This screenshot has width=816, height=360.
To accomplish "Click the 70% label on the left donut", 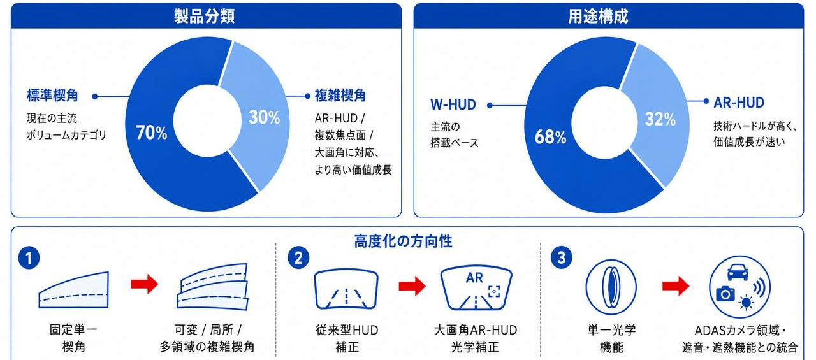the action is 152,133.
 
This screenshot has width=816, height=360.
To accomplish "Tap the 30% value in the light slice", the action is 265,117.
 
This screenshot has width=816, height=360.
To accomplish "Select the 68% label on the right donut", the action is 550,137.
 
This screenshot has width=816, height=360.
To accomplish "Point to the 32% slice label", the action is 660,119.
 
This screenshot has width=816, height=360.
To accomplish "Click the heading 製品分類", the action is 204,17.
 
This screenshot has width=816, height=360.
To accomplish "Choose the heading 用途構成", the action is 598,17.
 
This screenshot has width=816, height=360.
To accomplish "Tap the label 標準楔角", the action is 52,96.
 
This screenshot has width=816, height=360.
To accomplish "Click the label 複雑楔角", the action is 340,96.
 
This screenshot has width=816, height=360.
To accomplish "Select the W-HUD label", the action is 453,105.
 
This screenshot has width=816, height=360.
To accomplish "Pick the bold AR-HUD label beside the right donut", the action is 739,103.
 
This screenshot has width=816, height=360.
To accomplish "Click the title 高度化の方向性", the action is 404,241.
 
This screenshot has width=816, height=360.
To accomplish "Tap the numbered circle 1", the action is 29,259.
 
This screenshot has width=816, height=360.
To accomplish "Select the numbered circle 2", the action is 298,258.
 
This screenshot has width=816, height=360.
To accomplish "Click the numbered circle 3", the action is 562,257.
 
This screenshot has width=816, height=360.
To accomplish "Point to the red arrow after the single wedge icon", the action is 145,284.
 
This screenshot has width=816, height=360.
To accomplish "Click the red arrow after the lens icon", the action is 676,286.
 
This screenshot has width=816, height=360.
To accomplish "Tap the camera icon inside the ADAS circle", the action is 725,293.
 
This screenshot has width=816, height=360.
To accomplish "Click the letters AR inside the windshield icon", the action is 474,278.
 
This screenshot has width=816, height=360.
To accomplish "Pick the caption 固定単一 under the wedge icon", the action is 73,330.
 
